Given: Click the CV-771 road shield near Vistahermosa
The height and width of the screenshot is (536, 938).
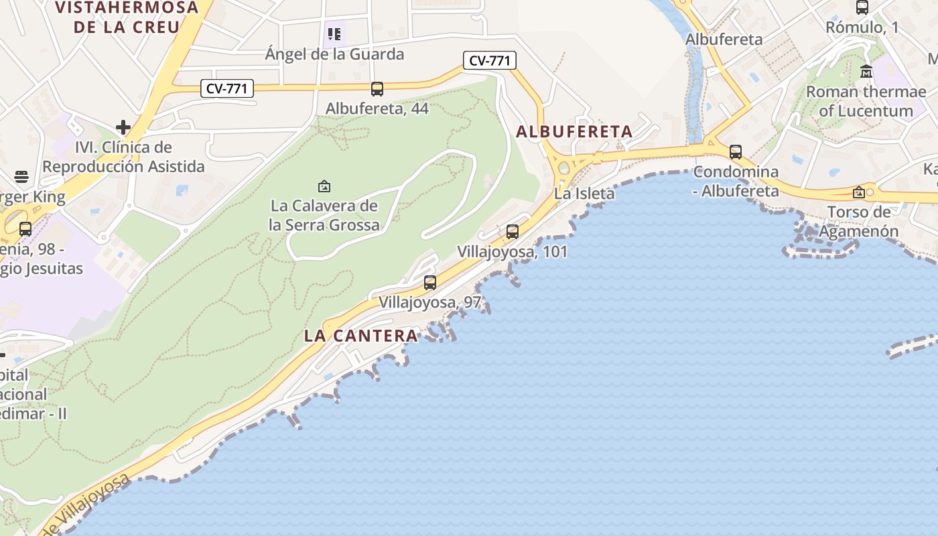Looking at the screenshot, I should coord(227,88).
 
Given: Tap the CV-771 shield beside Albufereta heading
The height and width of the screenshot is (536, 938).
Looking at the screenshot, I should coord(490,60).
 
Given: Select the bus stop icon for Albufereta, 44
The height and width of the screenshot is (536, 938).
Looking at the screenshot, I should coord(377,88).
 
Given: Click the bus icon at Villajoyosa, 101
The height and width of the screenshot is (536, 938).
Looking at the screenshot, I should coord(513,232).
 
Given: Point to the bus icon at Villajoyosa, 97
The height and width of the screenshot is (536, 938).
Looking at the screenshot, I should coord(430,283).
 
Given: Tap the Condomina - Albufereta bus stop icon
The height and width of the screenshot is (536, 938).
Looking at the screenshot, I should coord(736,152).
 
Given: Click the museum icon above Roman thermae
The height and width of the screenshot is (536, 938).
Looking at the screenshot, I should coord(866,71).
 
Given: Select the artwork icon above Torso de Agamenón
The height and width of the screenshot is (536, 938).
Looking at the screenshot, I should coord(859,193).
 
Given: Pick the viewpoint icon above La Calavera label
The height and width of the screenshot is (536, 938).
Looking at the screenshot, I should coord(324,186).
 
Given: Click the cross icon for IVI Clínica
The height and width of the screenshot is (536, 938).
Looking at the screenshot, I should coord(123,127).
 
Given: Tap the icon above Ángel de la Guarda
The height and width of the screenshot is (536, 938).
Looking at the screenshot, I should coord(334,33).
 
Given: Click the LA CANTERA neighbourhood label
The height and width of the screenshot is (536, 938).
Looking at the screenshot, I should coord(361,336).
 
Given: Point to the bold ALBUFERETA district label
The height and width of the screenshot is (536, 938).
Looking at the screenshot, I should coord(574,131).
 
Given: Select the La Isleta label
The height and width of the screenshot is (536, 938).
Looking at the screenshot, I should coord(584,194).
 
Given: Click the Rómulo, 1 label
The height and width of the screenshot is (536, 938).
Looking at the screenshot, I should coord(862,27).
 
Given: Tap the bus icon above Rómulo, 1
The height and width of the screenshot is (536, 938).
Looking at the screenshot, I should coord(862,7).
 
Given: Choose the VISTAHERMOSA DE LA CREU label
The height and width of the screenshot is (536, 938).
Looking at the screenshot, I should coord(127,17).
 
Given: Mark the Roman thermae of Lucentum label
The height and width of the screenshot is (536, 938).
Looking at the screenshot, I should coord(866,100).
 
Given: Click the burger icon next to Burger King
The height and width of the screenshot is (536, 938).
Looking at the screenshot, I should coord(21,177).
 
